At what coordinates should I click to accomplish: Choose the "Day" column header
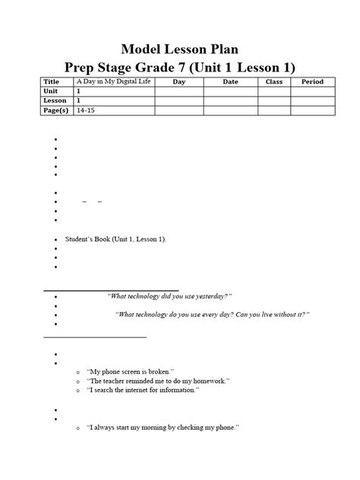pos(178,81)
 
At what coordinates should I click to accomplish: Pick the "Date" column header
pos(230,81)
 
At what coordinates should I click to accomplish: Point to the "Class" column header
pos(273,81)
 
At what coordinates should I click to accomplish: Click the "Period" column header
pos(312,81)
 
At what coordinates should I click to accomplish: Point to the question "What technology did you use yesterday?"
pos(169,295)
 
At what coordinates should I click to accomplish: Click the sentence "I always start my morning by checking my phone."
pos(163,428)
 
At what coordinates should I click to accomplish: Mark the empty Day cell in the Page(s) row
pos(178,110)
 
